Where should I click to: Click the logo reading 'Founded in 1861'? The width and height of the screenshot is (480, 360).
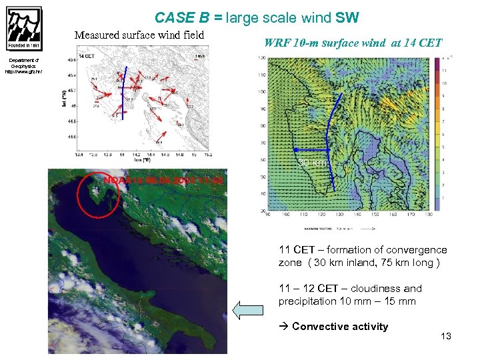(x=24, y=29)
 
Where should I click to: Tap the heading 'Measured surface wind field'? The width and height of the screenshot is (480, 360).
(x=139, y=35)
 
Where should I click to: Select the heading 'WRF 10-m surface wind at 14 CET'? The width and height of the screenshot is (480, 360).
(x=353, y=43)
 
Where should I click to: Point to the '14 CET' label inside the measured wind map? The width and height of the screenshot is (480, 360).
(x=86, y=57)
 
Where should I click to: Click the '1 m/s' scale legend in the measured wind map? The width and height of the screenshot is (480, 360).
(x=199, y=57)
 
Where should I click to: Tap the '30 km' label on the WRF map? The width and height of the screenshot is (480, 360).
(x=311, y=162)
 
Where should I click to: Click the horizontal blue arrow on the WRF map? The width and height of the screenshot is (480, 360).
(x=312, y=151)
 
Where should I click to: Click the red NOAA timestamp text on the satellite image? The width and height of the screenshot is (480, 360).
(x=163, y=180)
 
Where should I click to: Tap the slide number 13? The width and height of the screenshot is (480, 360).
(x=445, y=336)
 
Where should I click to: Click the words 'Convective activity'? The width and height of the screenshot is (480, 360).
(x=339, y=326)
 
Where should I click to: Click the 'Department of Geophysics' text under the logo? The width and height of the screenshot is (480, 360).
(x=23, y=67)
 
